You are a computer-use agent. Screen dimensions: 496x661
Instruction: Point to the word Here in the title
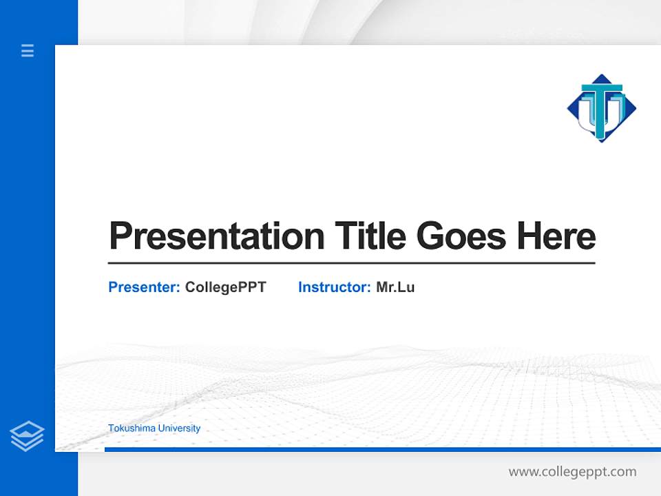click(556, 236)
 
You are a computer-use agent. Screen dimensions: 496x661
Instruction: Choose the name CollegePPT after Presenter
click(225, 287)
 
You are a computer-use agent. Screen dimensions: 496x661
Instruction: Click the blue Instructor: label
click(335, 287)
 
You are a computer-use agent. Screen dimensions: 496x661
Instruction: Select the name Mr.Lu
click(395, 287)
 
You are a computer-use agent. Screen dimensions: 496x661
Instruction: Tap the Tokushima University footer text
click(154, 428)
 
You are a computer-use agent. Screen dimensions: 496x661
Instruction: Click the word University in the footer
click(179, 428)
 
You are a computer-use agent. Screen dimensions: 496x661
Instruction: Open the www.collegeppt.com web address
click(572, 472)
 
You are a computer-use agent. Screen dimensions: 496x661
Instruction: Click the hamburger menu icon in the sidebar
click(28, 50)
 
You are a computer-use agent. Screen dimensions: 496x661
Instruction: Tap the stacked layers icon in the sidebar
click(27, 436)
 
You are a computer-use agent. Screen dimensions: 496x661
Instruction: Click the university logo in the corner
click(602, 108)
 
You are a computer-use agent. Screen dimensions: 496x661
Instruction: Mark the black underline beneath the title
click(351, 263)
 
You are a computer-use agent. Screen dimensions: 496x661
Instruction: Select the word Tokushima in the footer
click(132, 428)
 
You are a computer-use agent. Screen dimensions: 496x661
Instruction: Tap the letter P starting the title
click(120, 236)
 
